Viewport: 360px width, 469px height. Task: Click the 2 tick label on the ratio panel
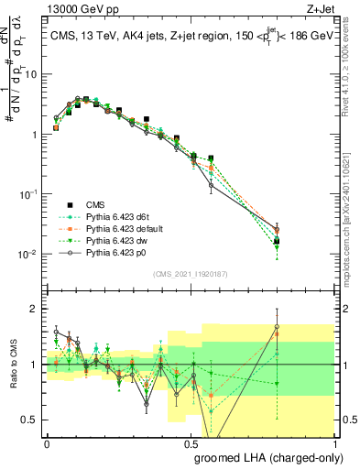(x=36, y=309)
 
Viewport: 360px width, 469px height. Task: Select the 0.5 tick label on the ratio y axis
(x=32, y=420)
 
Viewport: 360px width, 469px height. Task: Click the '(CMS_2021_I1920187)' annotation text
(x=190, y=273)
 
